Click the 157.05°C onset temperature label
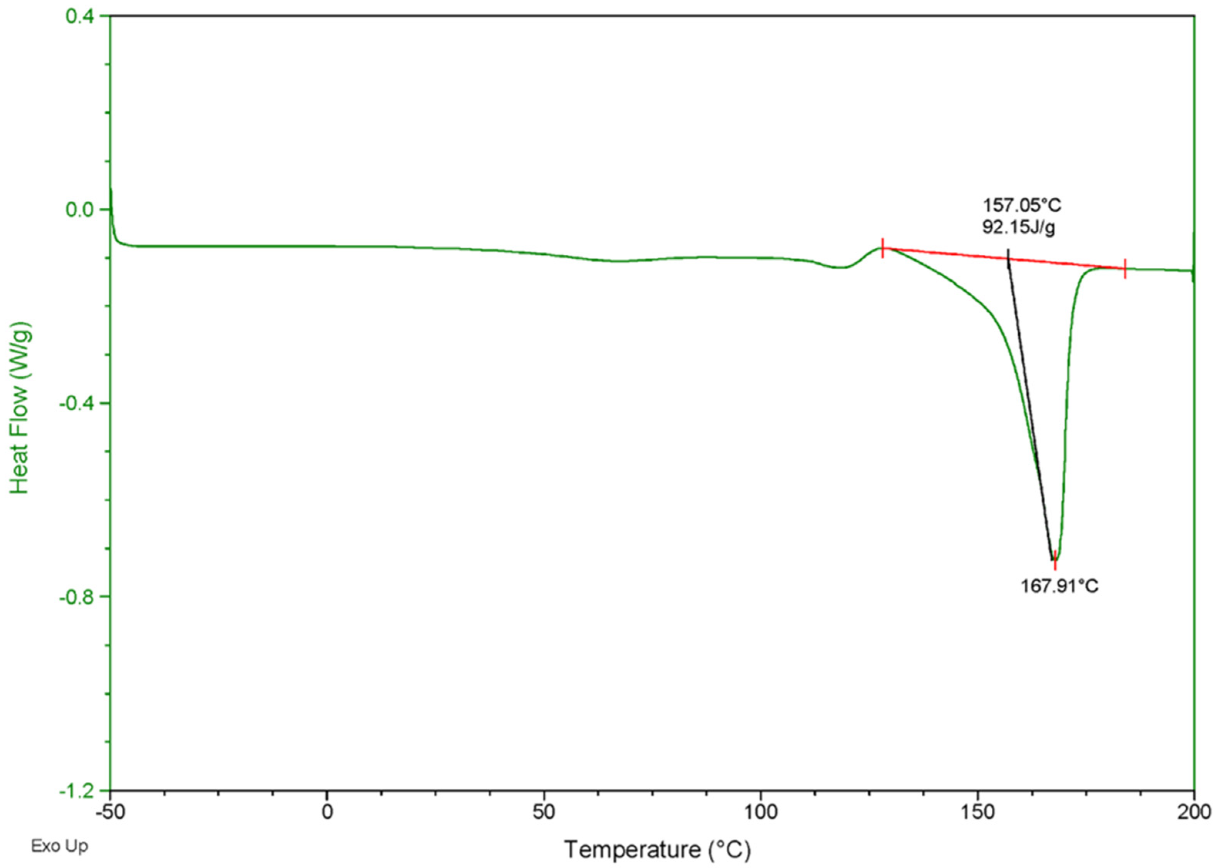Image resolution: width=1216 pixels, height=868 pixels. [1022, 205]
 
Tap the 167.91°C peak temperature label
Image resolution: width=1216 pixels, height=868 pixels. [1060, 586]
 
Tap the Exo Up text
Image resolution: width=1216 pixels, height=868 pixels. [59, 846]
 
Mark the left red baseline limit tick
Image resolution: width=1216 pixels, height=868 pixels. [882, 248]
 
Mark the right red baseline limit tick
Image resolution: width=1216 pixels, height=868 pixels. [1125, 268]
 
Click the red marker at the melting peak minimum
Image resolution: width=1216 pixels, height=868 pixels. [1055, 560]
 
